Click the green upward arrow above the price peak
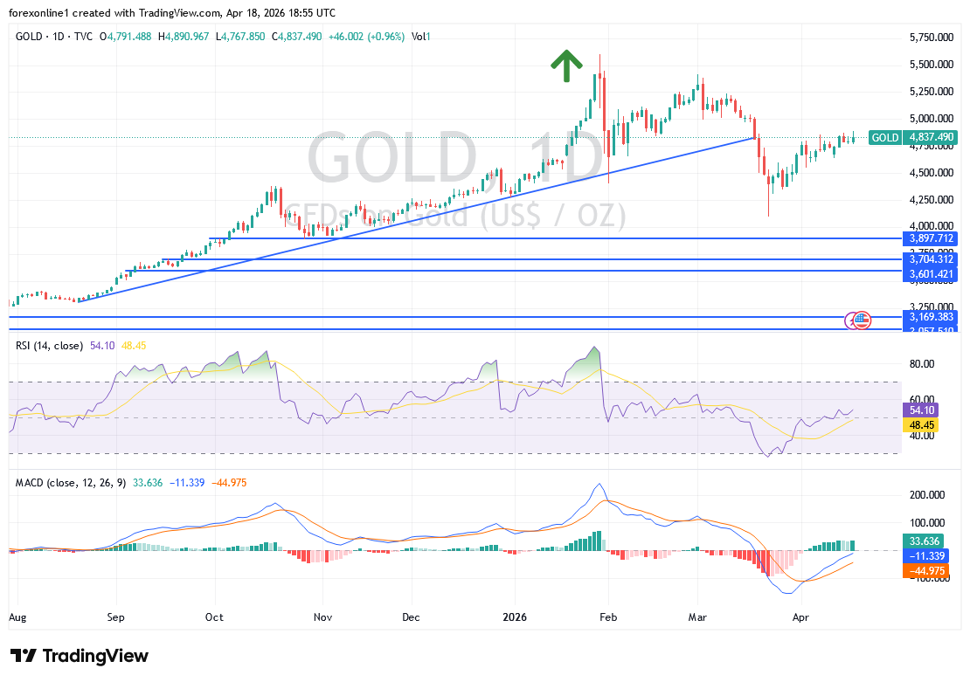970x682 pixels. pos(566,65)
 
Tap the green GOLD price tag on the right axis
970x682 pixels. pos(912,137)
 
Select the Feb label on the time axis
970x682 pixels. pos(608,617)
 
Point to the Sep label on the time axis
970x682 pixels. pos(116,617)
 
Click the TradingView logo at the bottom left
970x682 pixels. pos(80,656)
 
